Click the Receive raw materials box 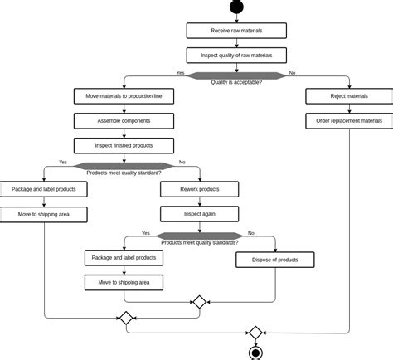(236, 31)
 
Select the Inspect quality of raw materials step (236, 56)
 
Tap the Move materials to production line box (124, 96)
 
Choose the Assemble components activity (124, 121)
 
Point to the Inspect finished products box (124, 146)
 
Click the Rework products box (199, 189)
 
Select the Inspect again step (199, 214)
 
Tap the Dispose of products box (275, 260)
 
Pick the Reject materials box (349, 96)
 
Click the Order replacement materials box (349, 121)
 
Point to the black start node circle (236, 6)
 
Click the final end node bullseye (256, 353)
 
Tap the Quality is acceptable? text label (236, 82)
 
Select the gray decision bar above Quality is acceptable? (236, 75)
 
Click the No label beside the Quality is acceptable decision (292, 73)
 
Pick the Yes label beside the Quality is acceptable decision (180, 73)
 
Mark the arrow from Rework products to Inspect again (199, 202)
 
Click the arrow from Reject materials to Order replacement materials (349, 109)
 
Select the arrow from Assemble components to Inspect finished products (124, 134)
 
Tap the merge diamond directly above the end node (256, 333)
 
